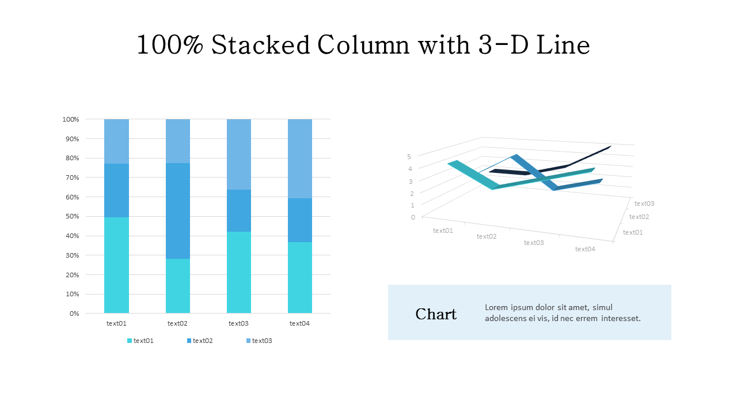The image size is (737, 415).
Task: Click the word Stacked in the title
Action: click(260, 45)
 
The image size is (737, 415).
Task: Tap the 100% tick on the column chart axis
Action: click(70, 119)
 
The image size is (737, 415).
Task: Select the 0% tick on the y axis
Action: click(74, 314)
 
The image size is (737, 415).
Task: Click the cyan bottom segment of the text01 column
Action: click(116, 265)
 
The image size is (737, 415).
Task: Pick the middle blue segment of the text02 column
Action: click(177, 211)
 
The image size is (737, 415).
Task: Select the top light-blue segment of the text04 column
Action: click(299, 159)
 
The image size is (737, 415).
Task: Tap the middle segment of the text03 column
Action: click(238, 210)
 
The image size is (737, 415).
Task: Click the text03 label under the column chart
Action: click(238, 323)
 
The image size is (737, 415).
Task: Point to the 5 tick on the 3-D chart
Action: click(409, 156)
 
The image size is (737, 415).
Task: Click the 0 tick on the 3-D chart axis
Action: click(413, 217)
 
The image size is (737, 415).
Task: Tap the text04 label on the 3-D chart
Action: click(584, 249)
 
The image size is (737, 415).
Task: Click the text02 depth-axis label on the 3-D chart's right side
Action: click(639, 217)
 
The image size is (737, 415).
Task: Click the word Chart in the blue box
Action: click(436, 314)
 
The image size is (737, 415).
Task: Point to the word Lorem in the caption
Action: click(496, 307)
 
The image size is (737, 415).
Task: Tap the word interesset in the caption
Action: click(621, 318)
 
